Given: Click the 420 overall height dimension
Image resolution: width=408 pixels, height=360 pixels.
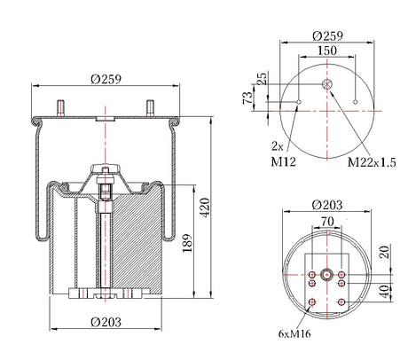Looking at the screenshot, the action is (205, 207).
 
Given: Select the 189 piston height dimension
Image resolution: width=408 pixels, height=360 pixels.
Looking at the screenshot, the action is (187, 243).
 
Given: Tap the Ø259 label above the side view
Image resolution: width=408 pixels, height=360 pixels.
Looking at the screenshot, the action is (106, 79).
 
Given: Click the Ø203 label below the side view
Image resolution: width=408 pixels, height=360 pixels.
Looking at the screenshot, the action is (106, 322).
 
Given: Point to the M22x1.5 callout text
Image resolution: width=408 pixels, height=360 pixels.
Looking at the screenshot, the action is (372, 162).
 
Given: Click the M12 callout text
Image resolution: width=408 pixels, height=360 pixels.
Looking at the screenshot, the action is (283, 161).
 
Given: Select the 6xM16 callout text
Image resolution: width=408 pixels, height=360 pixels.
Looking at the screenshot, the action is (294, 333).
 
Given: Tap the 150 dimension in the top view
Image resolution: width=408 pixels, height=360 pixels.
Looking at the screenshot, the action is (327, 51).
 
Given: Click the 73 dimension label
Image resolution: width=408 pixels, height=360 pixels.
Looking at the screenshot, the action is (247, 98).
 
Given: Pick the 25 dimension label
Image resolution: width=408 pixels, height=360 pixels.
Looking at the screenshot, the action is (262, 79).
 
